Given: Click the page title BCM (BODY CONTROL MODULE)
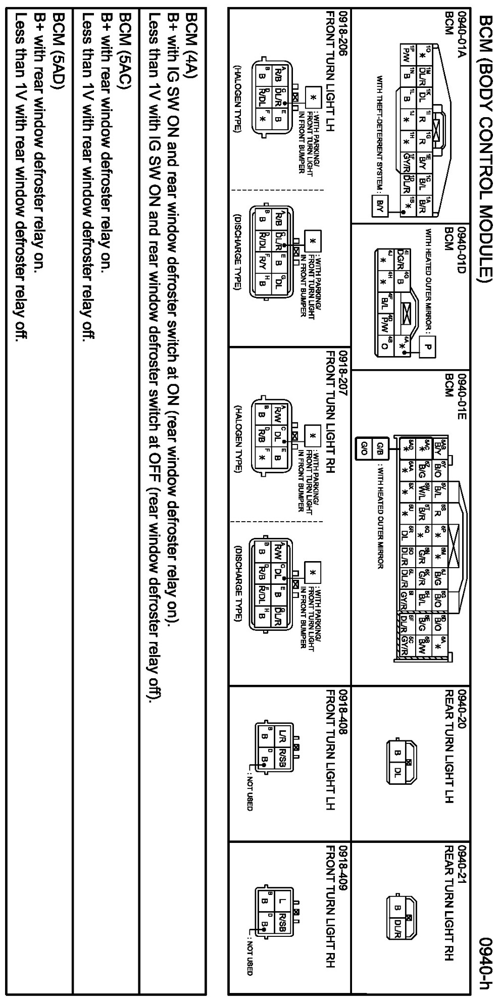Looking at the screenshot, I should coord(485,152).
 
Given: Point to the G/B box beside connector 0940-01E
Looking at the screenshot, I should coord(380,447).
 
